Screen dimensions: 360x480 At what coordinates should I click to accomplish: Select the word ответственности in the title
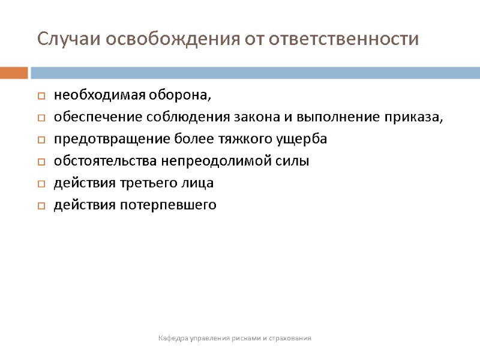(x=343, y=40)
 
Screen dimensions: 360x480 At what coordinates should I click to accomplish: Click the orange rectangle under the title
(x=14, y=73)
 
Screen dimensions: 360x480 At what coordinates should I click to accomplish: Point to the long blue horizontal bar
(x=255, y=73)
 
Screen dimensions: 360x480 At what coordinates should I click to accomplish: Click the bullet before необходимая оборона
(x=41, y=96)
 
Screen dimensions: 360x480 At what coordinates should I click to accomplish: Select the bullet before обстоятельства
(x=41, y=162)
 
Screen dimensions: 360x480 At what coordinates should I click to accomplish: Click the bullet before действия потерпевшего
(x=41, y=206)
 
